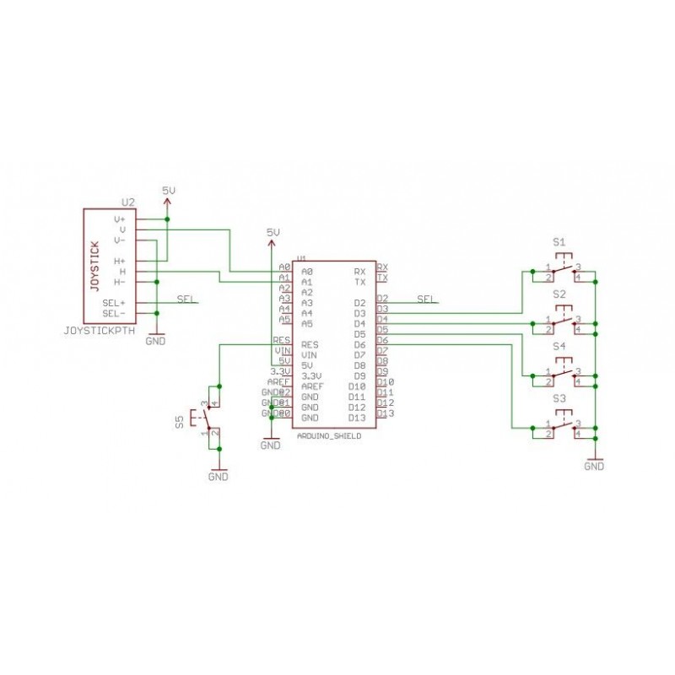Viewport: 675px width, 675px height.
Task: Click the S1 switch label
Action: tap(559, 242)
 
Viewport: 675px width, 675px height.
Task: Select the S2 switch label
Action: tap(559, 294)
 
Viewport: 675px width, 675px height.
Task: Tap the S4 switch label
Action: tap(559, 346)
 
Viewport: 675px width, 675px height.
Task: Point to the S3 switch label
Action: tap(559, 397)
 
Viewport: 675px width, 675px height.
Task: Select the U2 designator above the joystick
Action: tap(128, 202)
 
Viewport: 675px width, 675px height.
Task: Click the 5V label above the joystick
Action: tap(169, 192)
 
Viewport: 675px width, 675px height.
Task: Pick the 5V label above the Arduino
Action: tap(272, 231)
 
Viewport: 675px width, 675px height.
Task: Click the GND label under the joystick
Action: tap(156, 342)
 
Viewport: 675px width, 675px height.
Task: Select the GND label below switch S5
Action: tap(218, 476)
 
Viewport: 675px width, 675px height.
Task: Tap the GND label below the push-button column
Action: tap(594, 465)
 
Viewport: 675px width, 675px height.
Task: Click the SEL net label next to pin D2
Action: tap(427, 300)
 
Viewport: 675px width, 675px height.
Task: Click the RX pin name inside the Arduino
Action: tap(359, 272)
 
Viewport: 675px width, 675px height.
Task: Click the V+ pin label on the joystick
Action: tap(119, 219)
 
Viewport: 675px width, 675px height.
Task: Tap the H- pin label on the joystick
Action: tap(119, 282)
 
